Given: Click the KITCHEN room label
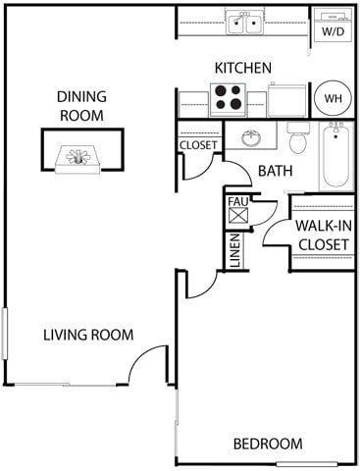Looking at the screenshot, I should pyautogui.click(x=242, y=68).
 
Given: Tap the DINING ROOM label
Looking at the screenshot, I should pyautogui.click(x=81, y=106).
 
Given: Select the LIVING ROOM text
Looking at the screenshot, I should pyautogui.click(x=88, y=335).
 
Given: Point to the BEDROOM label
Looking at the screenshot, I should pyautogui.click(x=266, y=443).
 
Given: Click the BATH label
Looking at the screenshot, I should pyautogui.click(x=275, y=171).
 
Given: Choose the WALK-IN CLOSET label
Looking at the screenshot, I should pyautogui.click(x=323, y=234).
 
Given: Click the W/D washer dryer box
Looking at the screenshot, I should pyautogui.click(x=333, y=25).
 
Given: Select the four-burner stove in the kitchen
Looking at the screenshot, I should pyautogui.click(x=229, y=98).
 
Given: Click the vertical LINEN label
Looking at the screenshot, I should pyautogui.click(x=234, y=250).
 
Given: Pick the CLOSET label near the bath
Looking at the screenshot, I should pyautogui.click(x=198, y=145).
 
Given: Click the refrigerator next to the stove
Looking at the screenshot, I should pyautogui.click(x=287, y=99).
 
